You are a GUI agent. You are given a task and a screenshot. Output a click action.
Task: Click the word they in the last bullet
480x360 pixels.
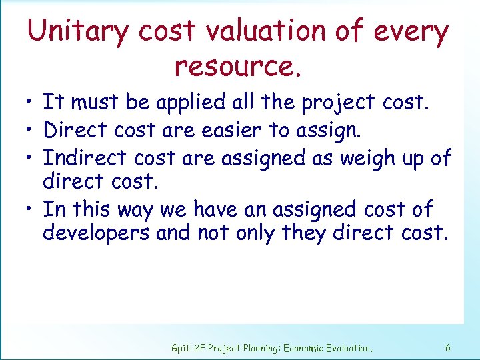(x=307, y=233)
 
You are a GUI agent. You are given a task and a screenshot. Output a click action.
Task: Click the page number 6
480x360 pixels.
(x=447, y=348)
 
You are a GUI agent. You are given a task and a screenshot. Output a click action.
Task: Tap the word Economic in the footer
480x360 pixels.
(x=303, y=348)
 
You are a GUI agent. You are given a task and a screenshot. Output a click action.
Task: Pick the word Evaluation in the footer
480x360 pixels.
(x=349, y=348)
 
